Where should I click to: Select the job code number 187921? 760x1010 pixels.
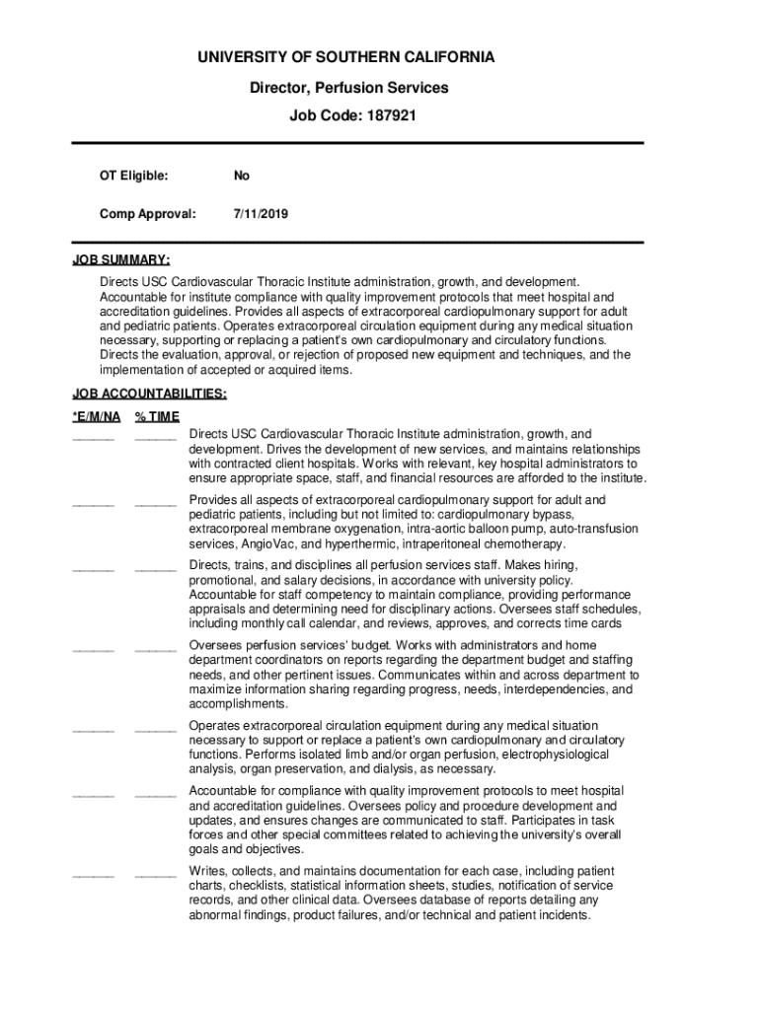(x=392, y=115)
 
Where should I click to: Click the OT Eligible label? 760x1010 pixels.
(x=133, y=176)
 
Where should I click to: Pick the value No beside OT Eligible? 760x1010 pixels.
(x=242, y=176)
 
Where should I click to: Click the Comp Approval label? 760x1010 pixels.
(x=147, y=213)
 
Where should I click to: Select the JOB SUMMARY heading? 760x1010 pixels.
(x=121, y=260)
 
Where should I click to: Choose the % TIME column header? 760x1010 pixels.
(x=157, y=416)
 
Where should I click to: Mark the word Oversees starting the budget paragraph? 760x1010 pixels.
(x=215, y=645)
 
